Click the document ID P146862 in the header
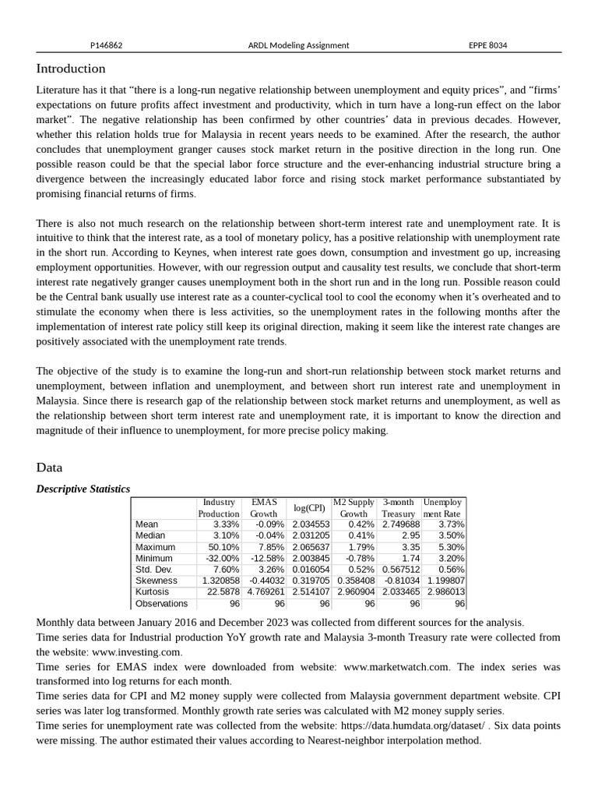tap(107, 45)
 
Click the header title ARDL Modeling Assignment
tap(298, 45)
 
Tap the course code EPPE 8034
tap(487, 45)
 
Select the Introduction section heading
tap(71, 69)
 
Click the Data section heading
tap(49, 468)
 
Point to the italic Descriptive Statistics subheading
tap(83, 489)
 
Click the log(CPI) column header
tap(309, 508)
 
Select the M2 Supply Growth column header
tap(354, 508)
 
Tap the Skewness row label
tap(156, 581)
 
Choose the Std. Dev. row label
tap(154, 570)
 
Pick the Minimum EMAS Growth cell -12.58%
tap(267, 559)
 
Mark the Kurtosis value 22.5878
tap(221, 592)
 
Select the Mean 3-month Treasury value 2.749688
tap(401, 524)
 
